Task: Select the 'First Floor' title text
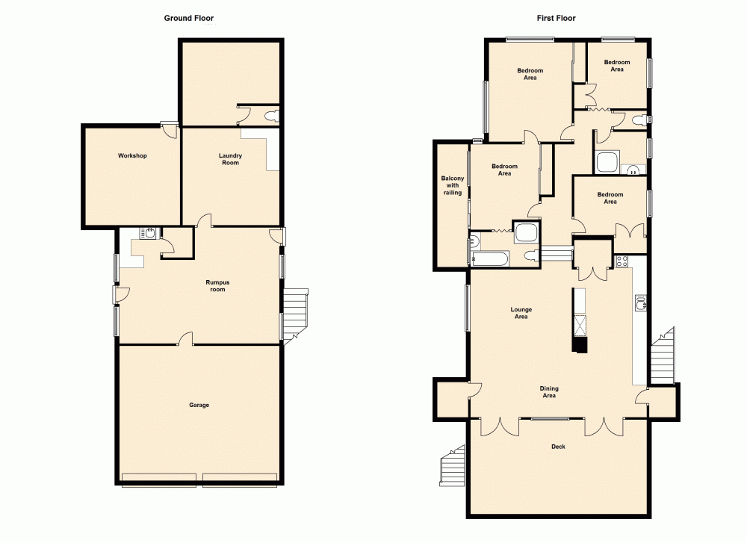click(x=555, y=18)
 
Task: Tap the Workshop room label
click(x=131, y=156)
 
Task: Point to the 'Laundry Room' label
click(x=230, y=159)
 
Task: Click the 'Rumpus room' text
click(x=216, y=286)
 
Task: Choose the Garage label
click(x=199, y=405)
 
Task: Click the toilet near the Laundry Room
click(x=273, y=116)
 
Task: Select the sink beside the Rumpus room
click(x=147, y=234)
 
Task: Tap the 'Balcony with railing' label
click(x=452, y=186)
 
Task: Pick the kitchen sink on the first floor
click(x=640, y=302)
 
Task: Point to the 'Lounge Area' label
click(x=521, y=313)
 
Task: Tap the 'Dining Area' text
click(x=549, y=392)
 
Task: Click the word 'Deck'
click(x=558, y=447)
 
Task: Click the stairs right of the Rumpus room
click(x=295, y=312)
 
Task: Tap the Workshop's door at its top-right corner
click(x=170, y=131)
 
